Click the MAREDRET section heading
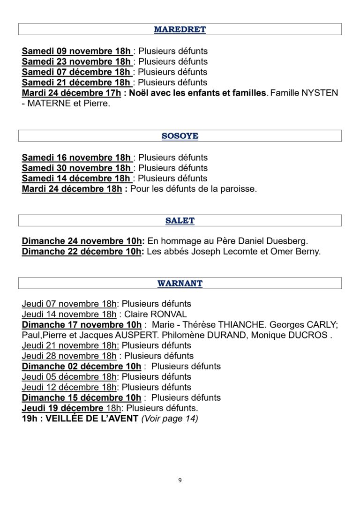click(180, 30)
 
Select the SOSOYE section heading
click(180, 136)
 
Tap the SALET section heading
click(180, 220)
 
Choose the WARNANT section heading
click(180, 283)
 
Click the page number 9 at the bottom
click(180, 480)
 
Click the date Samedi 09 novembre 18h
click(76, 51)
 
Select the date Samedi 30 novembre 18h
click(76, 168)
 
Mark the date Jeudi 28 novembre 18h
click(69, 356)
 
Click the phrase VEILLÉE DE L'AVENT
click(92, 419)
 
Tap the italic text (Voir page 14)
click(170, 419)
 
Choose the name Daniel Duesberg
click(272, 241)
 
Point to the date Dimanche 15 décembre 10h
click(82, 397)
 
